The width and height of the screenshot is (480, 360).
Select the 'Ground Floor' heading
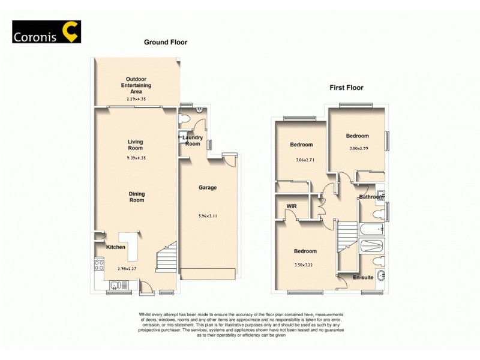(x=166, y=43)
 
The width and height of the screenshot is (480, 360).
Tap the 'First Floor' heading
(x=346, y=88)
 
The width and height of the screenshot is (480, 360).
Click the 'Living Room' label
(x=135, y=145)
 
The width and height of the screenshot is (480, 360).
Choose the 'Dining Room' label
(x=136, y=197)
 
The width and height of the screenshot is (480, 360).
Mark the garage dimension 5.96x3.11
(x=208, y=216)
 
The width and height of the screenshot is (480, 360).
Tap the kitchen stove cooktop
(x=99, y=264)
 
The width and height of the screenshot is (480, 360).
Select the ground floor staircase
(x=167, y=261)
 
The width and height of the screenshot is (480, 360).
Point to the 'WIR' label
(x=292, y=207)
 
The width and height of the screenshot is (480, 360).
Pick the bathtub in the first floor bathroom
(x=373, y=229)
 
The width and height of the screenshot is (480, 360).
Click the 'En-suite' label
(x=363, y=278)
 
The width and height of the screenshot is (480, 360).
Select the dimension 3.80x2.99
(x=358, y=149)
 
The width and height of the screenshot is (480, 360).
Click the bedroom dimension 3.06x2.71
(x=301, y=160)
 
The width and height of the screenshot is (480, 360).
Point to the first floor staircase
(x=347, y=237)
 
